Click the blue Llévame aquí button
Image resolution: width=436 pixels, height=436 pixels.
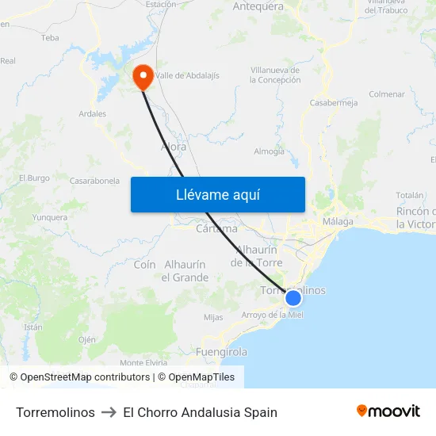(x=217, y=194)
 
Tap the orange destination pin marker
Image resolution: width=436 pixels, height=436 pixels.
(x=143, y=77)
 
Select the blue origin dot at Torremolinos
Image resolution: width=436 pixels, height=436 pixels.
(x=293, y=298)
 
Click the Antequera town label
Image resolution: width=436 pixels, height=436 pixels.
(x=258, y=6)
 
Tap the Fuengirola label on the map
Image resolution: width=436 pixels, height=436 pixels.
(x=222, y=351)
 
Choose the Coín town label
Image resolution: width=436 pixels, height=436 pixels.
(x=144, y=265)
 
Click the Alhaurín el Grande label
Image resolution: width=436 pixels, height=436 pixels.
(x=185, y=271)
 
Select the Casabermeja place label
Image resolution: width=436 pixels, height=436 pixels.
(x=334, y=103)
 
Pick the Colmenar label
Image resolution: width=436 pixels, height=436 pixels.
(x=387, y=94)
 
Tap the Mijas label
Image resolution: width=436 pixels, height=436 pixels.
(x=213, y=317)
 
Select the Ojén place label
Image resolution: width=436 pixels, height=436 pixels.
(x=87, y=339)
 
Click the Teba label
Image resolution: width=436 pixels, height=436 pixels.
(x=50, y=37)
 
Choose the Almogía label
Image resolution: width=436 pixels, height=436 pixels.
(x=269, y=151)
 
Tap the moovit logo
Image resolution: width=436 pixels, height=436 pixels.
(x=388, y=411)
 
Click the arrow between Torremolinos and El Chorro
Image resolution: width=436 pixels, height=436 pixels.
(x=109, y=412)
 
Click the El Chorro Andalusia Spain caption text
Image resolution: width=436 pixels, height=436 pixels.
(x=201, y=412)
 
